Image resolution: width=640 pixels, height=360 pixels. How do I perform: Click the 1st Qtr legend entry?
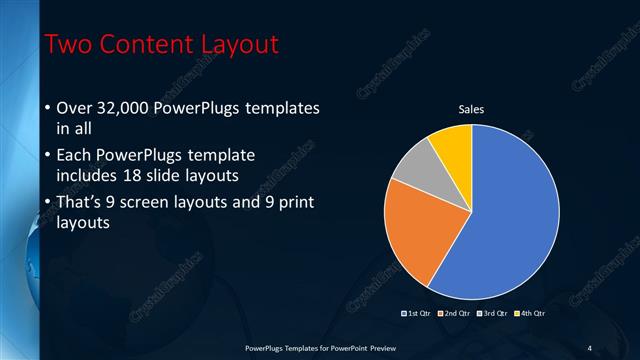point(419,313)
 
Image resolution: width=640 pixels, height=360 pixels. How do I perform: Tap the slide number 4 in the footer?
point(589,347)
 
